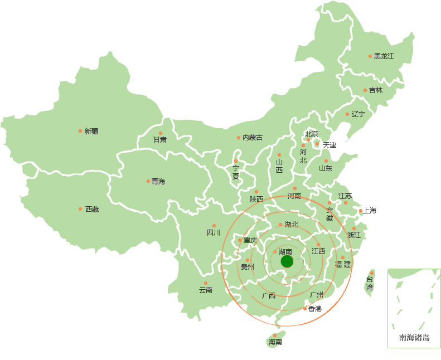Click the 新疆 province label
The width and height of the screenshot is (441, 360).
91,132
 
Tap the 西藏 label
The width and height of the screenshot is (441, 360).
92,210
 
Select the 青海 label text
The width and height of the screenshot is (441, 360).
158,182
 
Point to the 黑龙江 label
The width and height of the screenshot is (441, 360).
384,56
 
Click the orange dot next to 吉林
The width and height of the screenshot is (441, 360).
365,90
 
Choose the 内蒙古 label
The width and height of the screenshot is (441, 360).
253,138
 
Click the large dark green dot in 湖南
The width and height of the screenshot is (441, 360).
287,261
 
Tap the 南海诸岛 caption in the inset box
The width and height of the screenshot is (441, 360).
414,338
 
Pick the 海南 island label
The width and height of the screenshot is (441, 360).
275,342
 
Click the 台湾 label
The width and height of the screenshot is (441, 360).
370,283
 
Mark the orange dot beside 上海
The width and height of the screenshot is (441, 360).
361,211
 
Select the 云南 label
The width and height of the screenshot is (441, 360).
206,290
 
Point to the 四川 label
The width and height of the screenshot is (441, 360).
214,233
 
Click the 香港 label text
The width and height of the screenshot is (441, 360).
315,308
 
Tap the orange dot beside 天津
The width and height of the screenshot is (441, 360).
317,144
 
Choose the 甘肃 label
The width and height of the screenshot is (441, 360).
160,140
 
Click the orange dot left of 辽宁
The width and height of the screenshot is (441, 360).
347,114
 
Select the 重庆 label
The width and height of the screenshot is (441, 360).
250,240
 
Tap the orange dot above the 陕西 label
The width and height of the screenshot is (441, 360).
256,192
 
